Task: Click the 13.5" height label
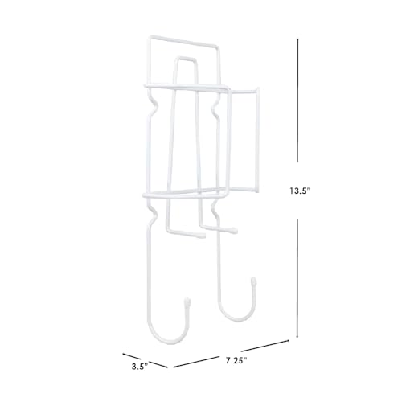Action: pyautogui.click(x=300, y=191)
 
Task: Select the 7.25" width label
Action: pyautogui.click(x=236, y=360)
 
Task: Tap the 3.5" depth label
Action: pyautogui.click(x=140, y=367)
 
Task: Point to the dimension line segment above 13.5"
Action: pyautogui.click(x=297, y=100)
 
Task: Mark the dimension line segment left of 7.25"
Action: pyautogui.click(x=196, y=362)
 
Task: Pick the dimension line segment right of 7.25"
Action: pyautogui.click(x=265, y=346)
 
